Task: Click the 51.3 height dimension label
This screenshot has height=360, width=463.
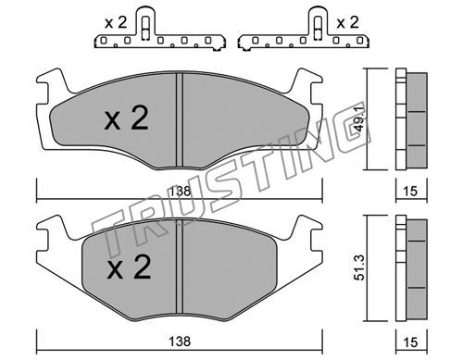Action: [x=359, y=267]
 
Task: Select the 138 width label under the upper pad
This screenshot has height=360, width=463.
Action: [x=180, y=192]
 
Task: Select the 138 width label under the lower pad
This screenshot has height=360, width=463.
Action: [x=180, y=341]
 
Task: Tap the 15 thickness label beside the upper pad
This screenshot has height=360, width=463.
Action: [x=410, y=192]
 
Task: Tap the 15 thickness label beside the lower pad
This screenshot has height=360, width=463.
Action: [x=410, y=342]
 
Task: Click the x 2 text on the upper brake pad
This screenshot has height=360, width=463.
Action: [x=126, y=118]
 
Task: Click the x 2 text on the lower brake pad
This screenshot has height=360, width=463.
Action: [x=129, y=267]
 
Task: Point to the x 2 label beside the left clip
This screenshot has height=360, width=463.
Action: [x=116, y=23]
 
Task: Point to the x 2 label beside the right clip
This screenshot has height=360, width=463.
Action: [x=347, y=23]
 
